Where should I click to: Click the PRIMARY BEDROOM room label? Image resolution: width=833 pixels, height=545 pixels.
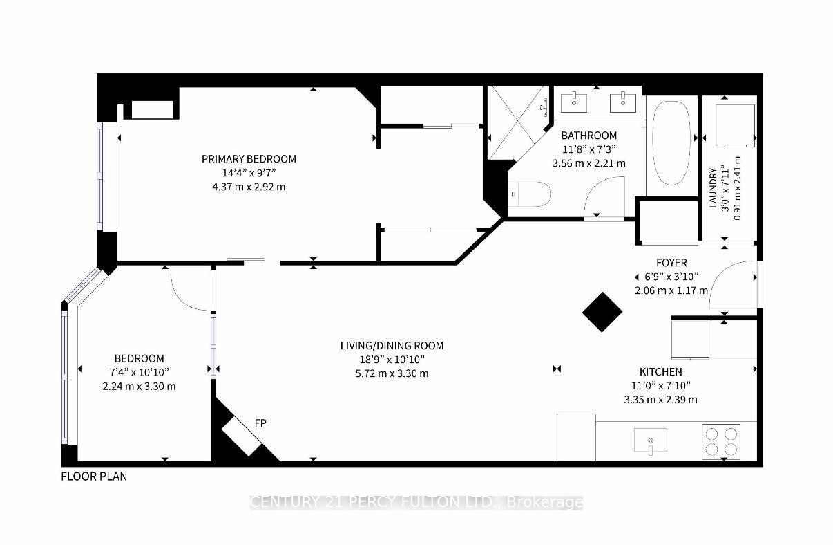(249, 159)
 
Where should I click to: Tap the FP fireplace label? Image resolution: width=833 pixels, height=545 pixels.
(261, 423)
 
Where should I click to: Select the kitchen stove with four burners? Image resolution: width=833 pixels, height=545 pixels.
(720, 441)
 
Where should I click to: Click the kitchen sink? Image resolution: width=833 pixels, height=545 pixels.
(650, 440)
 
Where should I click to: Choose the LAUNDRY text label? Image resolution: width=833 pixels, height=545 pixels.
(712, 187)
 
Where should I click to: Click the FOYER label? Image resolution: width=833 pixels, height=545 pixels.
(671, 263)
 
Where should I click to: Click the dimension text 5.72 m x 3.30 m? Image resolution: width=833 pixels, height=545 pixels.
(392, 373)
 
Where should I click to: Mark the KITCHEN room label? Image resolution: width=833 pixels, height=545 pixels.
(660, 372)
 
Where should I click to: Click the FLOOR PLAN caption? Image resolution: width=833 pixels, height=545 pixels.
(94, 477)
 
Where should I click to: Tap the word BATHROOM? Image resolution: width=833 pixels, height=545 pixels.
(588, 136)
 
